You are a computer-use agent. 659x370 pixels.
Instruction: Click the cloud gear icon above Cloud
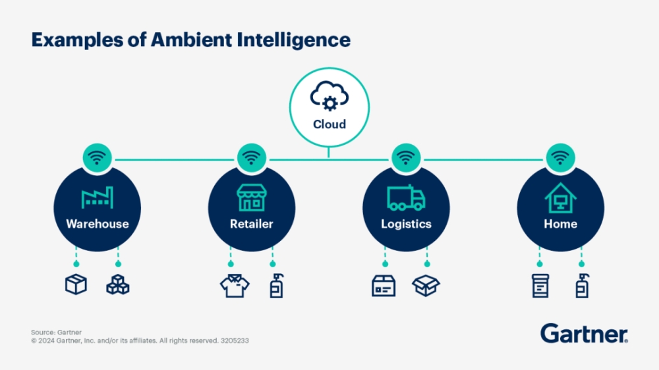point(329,98)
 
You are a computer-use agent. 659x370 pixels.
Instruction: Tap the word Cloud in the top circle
point(329,124)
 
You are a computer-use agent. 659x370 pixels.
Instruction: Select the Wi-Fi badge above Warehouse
point(98,158)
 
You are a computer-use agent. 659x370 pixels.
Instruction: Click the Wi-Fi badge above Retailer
point(251,158)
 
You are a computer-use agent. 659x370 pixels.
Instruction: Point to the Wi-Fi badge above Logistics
point(406,158)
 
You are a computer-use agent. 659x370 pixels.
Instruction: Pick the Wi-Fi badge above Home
point(560,158)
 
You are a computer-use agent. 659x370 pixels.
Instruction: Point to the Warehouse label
point(98,224)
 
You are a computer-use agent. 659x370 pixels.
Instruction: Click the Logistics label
point(406,224)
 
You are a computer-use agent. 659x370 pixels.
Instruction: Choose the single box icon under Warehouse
point(76,284)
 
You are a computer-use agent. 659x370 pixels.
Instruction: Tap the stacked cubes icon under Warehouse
point(118,285)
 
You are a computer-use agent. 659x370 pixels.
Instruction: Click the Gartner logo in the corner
point(584,333)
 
